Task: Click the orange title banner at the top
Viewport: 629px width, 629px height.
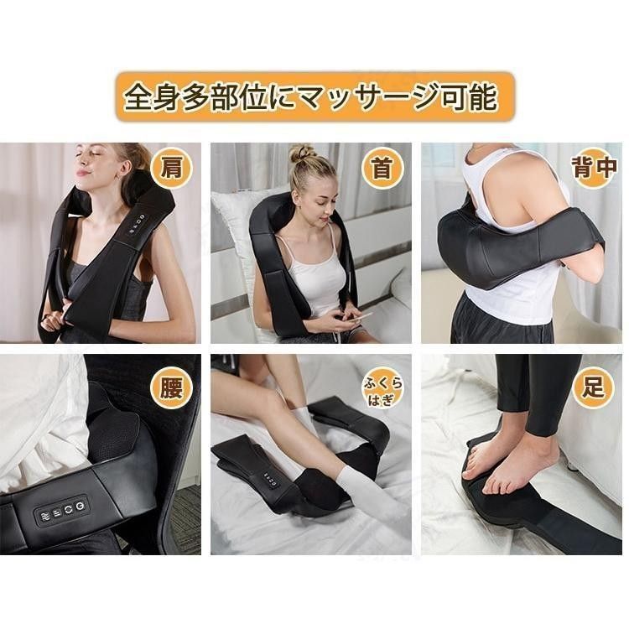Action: (314, 96)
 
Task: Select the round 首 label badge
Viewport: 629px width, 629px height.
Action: (382, 168)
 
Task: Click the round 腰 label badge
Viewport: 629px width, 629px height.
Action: (171, 388)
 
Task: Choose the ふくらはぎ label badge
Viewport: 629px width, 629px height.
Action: (382, 388)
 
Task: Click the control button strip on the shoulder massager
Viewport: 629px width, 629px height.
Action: (137, 224)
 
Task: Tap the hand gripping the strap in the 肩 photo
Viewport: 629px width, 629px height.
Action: (55, 320)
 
